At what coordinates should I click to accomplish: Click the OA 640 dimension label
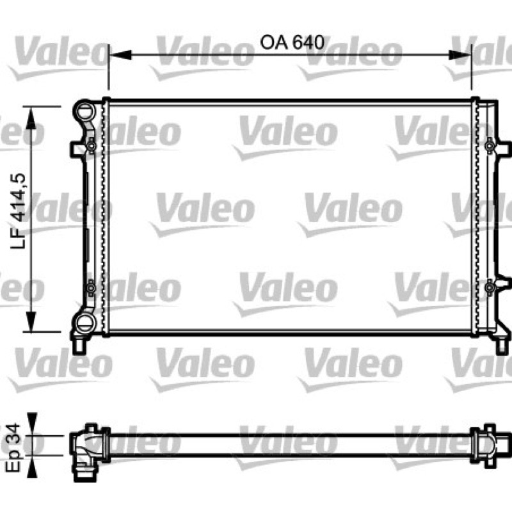tap(292, 42)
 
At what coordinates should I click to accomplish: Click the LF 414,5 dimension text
tap(18, 211)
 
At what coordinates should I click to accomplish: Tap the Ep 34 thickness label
tap(13, 447)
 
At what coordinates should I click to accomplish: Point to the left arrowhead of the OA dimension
tap(120, 55)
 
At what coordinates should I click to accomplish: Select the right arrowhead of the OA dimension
tap(460, 55)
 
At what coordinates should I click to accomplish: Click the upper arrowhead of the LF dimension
tap(31, 118)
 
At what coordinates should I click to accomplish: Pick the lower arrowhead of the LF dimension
tap(31, 321)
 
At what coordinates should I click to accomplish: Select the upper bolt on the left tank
tap(91, 146)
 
